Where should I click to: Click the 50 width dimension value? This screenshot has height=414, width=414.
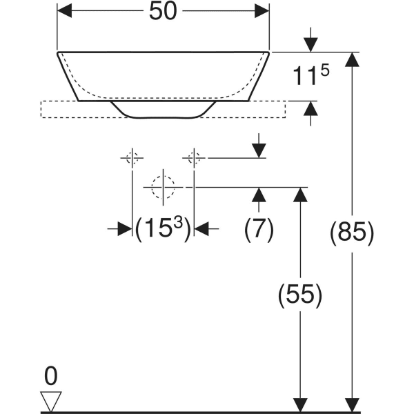pyautogui.click(x=163, y=12)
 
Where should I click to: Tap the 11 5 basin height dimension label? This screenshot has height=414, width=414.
pyautogui.click(x=311, y=75)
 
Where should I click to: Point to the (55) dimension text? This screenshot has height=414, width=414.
pyautogui.click(x=300, y=295)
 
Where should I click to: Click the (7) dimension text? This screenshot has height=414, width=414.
pyautogui.click(x=259, y=229)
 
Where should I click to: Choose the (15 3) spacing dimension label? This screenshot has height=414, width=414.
pyautogui.click(x=163, y=228)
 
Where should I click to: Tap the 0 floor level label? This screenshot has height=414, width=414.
pyautogui.click(x=50, y=376)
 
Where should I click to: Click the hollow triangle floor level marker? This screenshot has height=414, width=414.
pyautogui.click(x=51, y=401)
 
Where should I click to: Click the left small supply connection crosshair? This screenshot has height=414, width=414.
pyautogui.click(x=132, y=158)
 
